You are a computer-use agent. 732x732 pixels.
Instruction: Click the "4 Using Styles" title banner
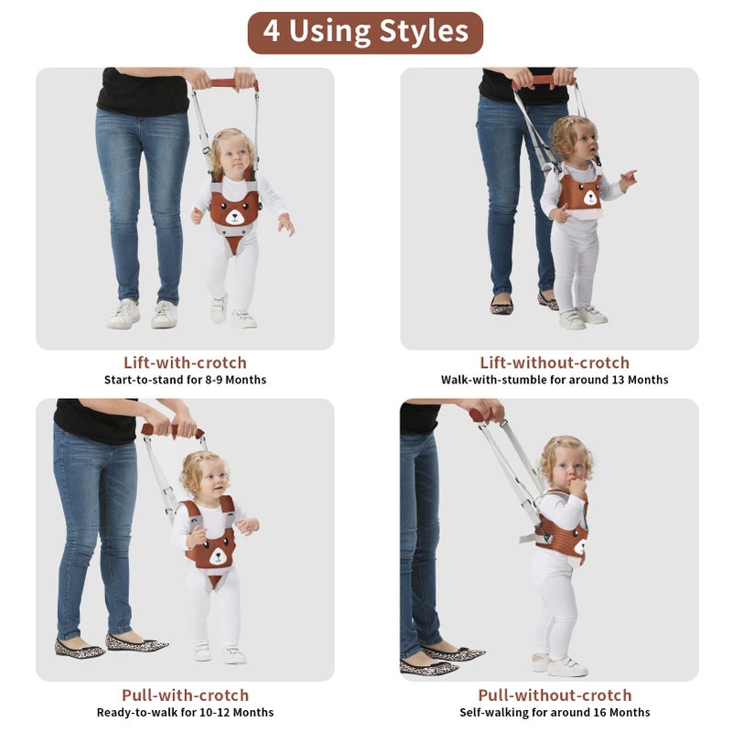(365, 32)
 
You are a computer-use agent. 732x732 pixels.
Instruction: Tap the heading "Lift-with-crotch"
(185, 362)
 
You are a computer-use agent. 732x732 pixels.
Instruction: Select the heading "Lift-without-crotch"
(554, 362)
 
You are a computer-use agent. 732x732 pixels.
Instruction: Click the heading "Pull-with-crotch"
(185, 695)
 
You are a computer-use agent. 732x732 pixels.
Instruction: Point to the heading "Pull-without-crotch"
(554, 695)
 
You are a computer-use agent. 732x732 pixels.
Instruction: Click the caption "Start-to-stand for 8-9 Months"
(185, 380)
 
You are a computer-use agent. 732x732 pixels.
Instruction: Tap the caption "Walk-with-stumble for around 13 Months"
(554, 380)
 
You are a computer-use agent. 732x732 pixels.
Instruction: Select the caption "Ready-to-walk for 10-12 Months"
(185, 713)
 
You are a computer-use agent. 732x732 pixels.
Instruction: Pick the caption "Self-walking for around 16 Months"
(554, 713)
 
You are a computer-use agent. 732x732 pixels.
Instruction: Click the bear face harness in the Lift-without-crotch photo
(580, 192)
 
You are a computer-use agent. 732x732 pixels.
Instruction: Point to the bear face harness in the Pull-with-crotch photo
(210, 546)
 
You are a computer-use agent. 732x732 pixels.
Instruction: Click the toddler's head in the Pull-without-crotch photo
(564, 463)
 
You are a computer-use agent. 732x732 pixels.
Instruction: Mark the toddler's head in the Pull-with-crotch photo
(203, 474)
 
